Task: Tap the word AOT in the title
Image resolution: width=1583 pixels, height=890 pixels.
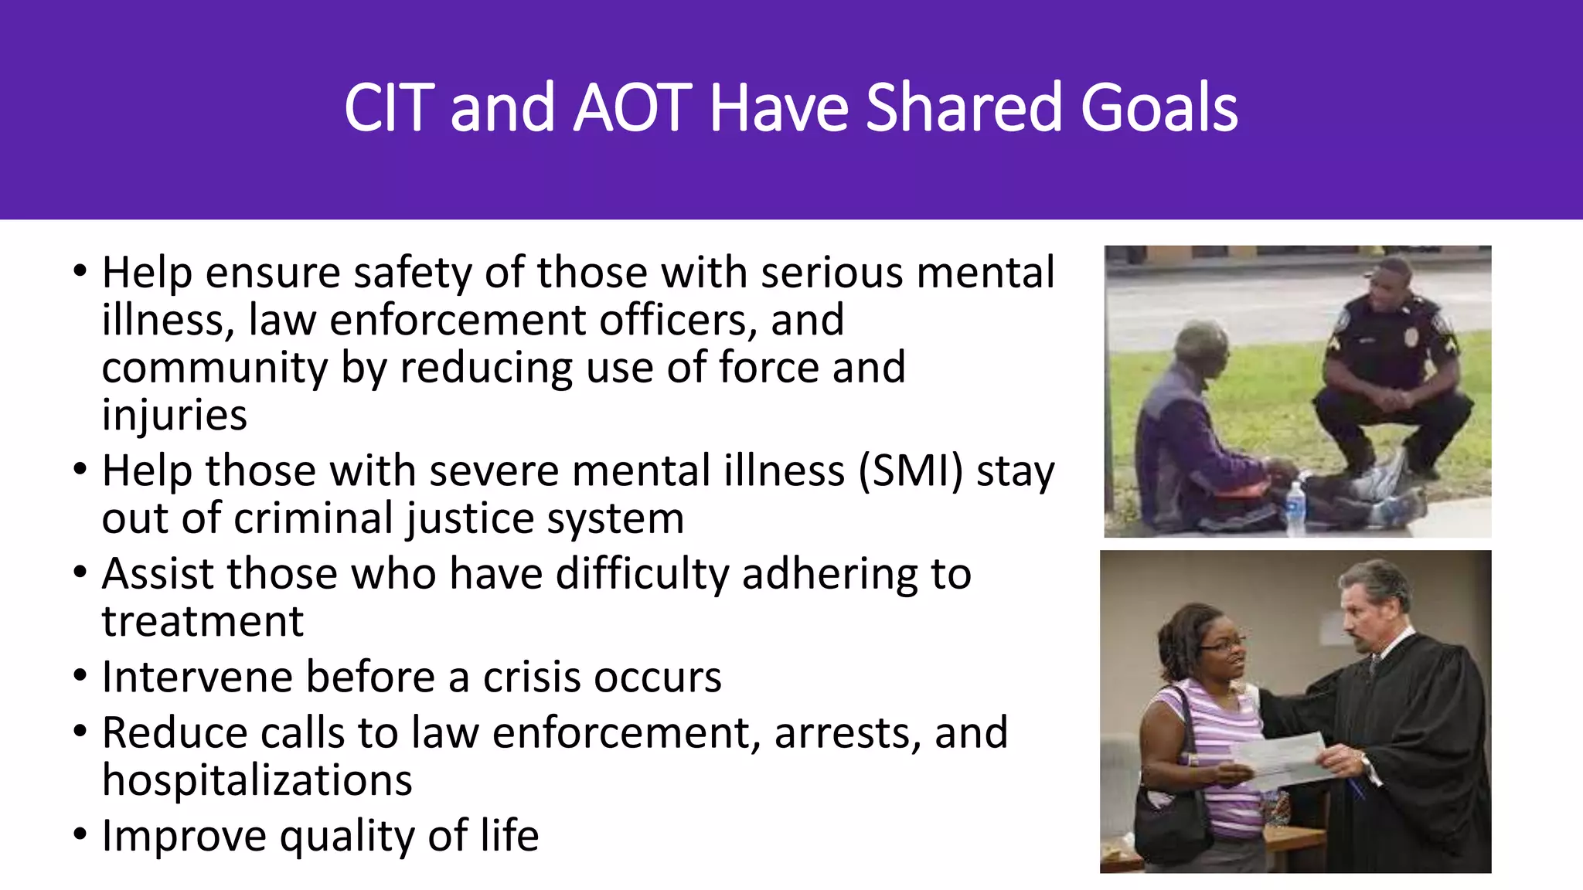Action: click(631, 108)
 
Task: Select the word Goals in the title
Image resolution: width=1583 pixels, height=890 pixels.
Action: click(1159, 108)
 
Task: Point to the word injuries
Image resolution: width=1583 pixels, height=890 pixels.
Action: click(174, 416)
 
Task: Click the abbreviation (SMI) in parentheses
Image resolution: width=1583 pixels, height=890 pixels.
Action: click(911, 471)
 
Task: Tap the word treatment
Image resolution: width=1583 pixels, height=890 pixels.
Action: click(203, 621)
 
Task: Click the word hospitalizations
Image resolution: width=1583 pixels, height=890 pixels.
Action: click(257, 780)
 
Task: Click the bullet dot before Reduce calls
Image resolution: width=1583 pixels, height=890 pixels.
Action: click(80, 731)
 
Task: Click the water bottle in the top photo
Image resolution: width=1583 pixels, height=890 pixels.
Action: click(1295, 508)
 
